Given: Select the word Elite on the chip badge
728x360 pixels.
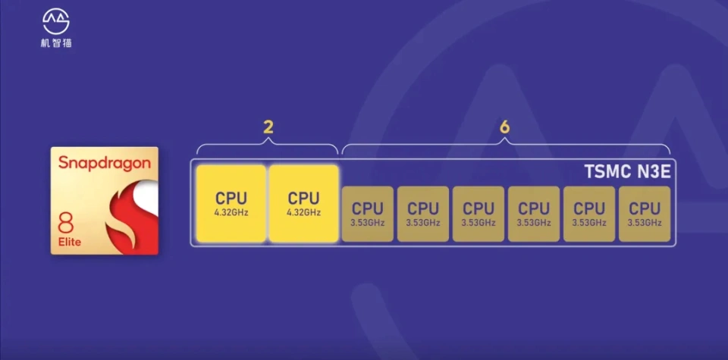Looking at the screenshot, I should coord(69,242).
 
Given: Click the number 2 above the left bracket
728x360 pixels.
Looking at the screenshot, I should coord(268,127).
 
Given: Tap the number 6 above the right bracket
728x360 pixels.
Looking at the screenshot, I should coord(505,127).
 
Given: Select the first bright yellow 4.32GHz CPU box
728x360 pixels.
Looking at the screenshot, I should coord(231,203).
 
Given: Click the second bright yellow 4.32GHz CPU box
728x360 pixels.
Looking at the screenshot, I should coord(303,203).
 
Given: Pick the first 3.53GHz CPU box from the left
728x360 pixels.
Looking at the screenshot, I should coord(368,214).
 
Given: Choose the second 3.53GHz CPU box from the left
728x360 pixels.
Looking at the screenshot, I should coord(423,214).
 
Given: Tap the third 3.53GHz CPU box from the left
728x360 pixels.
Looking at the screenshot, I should coord(479,214).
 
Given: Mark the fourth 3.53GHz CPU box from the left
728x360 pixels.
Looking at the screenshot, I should coord(534,214).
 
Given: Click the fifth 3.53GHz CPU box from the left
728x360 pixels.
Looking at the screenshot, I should coord(589,214).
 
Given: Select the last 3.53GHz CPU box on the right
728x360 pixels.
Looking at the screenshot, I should coord(645,214).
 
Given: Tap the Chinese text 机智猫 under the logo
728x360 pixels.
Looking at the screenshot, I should coord(56,43).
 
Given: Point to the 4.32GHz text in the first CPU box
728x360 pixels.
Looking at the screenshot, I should coord(231,212).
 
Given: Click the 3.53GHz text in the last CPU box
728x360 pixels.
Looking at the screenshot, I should coord(645,223).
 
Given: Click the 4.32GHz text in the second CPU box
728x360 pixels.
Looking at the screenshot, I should coord(303,212).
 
